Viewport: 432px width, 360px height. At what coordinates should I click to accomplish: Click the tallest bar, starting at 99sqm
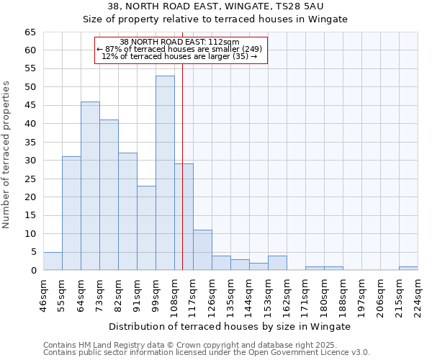(165, 173)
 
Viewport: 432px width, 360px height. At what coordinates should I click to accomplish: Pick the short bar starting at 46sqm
(53, 261)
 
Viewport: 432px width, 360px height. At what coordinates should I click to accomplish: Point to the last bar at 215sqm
(408, 269)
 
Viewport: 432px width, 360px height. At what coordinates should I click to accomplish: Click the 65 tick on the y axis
(30, 32)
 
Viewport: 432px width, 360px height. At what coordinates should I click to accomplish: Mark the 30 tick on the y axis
(30, 161)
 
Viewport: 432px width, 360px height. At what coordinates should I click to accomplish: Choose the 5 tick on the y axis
(33, 252)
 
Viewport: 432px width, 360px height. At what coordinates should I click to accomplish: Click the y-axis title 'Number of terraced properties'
(7, 155)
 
